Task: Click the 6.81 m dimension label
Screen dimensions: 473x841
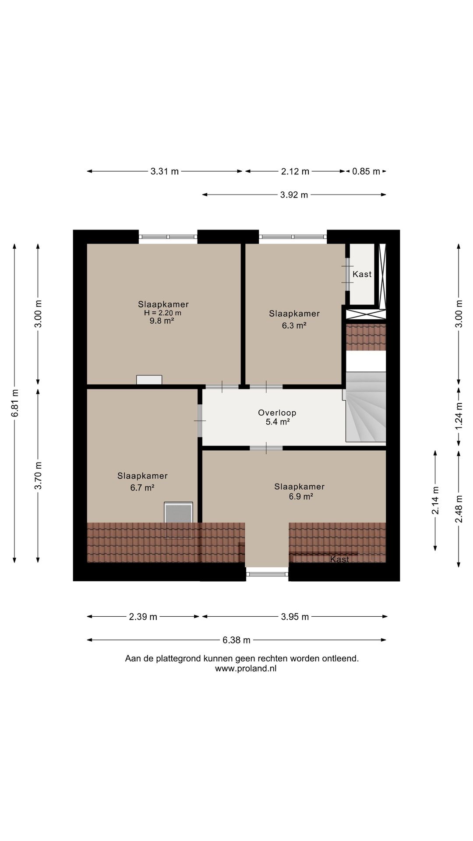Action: tap(15, 403)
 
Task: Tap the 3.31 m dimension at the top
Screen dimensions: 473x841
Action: tap(165, 171)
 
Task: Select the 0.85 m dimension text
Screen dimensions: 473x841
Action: tap(366, 171)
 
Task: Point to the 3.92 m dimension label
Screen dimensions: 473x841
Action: tap(294, 194)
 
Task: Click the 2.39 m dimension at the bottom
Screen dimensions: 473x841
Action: tap(143, 617)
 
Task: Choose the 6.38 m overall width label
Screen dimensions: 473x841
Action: tap(236, 640)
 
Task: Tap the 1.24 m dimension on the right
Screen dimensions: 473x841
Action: tap(459, 416)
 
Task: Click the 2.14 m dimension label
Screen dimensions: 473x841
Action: tap(435, 500)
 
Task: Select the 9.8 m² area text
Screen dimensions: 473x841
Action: tap(162, 321)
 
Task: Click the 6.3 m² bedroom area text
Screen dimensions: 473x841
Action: tap(294, 325)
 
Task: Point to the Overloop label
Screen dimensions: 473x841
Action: tap(277, 413)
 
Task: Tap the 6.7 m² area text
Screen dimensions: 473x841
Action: tap(142, 488)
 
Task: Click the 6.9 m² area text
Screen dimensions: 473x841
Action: tap(301, 496)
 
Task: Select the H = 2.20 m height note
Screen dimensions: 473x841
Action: tap(162, 313)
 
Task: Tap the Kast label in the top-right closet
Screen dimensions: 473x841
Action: tap(362, 274)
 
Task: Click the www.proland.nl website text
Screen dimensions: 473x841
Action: tap(246, 668)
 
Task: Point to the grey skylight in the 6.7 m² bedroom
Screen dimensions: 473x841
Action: tap(178, 513)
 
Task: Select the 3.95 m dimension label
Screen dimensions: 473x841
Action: tap(295, 617)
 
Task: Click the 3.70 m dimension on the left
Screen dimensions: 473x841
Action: tap(38, 475)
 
